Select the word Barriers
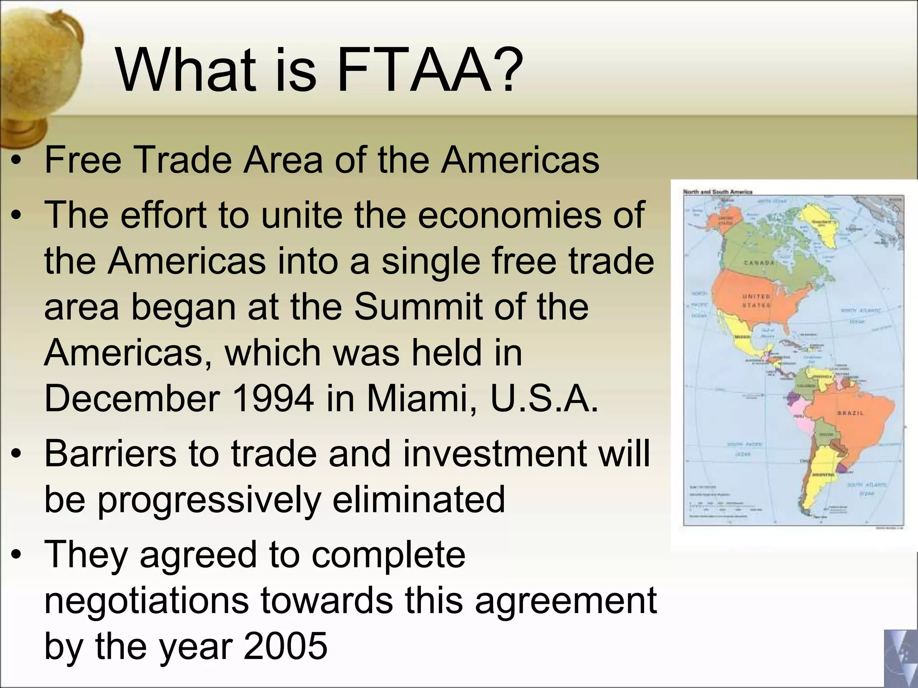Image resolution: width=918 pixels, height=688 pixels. (x=111, y=453)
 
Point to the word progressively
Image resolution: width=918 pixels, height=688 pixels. (x=209, y=500)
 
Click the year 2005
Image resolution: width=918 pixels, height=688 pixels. (x=286, y=646)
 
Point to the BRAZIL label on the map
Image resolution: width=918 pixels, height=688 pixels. (x=850, y=413)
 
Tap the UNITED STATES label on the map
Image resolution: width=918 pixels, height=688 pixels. (x=757, y=301)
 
